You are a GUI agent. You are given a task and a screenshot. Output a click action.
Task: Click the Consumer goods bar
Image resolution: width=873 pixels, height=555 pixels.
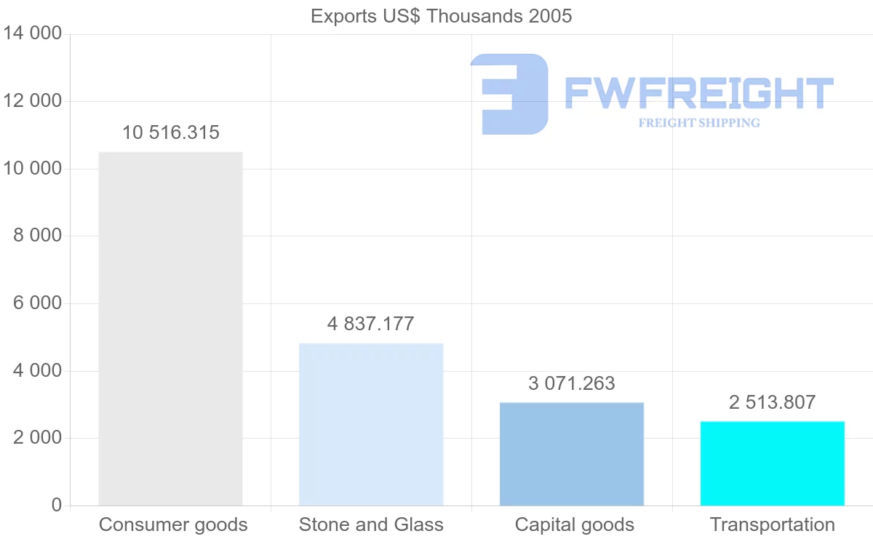point(170,329)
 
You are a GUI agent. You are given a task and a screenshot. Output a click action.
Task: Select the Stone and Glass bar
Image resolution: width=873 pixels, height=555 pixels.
point(371,424)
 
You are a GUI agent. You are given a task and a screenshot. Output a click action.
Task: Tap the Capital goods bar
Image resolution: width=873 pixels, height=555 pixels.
point(572,454)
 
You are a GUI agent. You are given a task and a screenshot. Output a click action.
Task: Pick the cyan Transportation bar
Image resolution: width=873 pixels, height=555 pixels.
point(773,463)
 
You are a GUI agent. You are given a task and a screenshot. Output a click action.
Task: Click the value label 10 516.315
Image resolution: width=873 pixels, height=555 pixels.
point(171,132)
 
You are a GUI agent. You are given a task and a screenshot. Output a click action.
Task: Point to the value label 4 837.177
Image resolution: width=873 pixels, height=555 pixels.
point(371,324)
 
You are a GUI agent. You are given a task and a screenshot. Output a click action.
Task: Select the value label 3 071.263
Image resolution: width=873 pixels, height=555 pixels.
point(572,383)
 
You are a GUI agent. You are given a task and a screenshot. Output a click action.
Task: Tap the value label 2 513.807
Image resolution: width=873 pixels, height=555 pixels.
point(773,402)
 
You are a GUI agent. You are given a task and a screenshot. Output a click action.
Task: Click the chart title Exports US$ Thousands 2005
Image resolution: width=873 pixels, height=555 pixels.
point(442,16)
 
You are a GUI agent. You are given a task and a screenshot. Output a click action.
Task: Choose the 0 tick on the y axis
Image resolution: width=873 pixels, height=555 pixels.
point(57,506)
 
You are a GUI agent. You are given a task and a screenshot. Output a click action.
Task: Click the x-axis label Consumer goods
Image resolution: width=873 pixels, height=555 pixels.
point(173,524)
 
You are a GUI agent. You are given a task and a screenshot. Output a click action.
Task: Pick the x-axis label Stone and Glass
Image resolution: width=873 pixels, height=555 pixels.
point(371,524)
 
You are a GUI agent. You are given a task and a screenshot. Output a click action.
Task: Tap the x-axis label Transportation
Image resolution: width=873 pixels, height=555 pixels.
point(773,524)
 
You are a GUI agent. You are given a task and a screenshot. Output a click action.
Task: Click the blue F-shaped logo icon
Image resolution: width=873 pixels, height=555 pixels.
point(509,94)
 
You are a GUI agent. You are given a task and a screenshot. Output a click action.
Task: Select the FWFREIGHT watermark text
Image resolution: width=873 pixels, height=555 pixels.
point(699,93)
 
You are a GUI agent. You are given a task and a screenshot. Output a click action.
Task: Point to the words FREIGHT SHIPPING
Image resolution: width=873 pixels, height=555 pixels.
point(699,123)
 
